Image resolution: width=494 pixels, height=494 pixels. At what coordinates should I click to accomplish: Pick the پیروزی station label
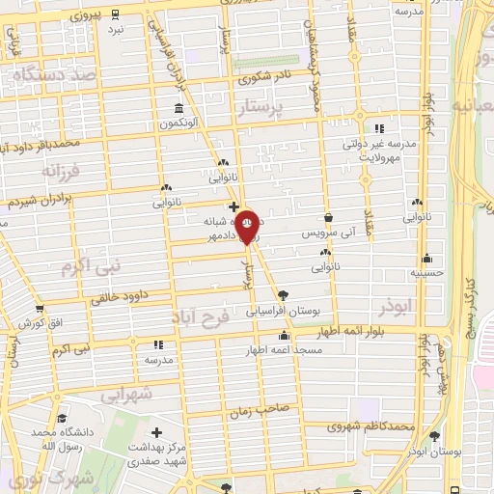pyautogui.click(x=87, y=16)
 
